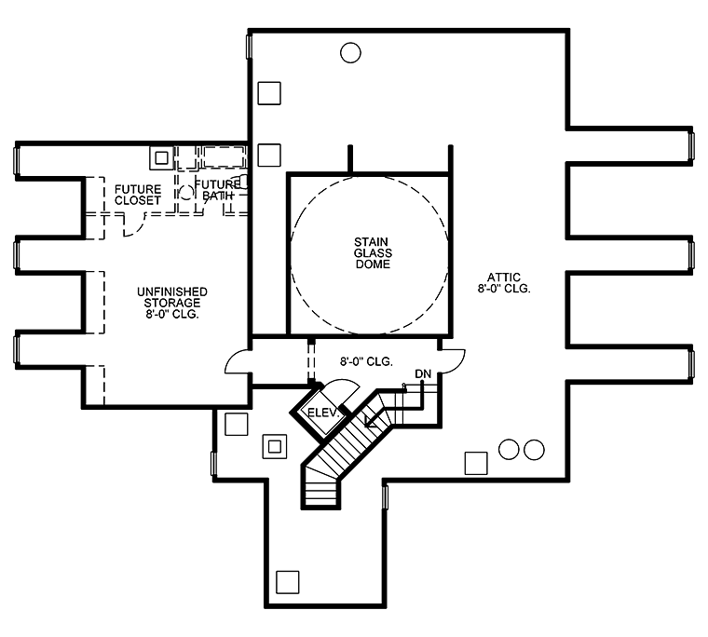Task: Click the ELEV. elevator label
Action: tap(322, 413)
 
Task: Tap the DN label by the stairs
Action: tap(423, 373)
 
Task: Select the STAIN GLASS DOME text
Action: tap(373, 252)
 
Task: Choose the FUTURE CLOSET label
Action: tap(138, 195)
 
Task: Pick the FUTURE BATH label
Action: tap(217, 190)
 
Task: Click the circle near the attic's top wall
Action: tap(350, 53)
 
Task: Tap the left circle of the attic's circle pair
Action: tap(509, 449)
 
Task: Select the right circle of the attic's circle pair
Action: tap(534, 450)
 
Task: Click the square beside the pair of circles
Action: tap(476, 463)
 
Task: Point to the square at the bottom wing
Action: tap(288, 582)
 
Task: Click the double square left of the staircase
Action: tap(275, 446)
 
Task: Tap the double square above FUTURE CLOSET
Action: tap(162, 158)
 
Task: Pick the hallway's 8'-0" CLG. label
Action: tap(366, 361)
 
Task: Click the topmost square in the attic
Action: tap(269, 93)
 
